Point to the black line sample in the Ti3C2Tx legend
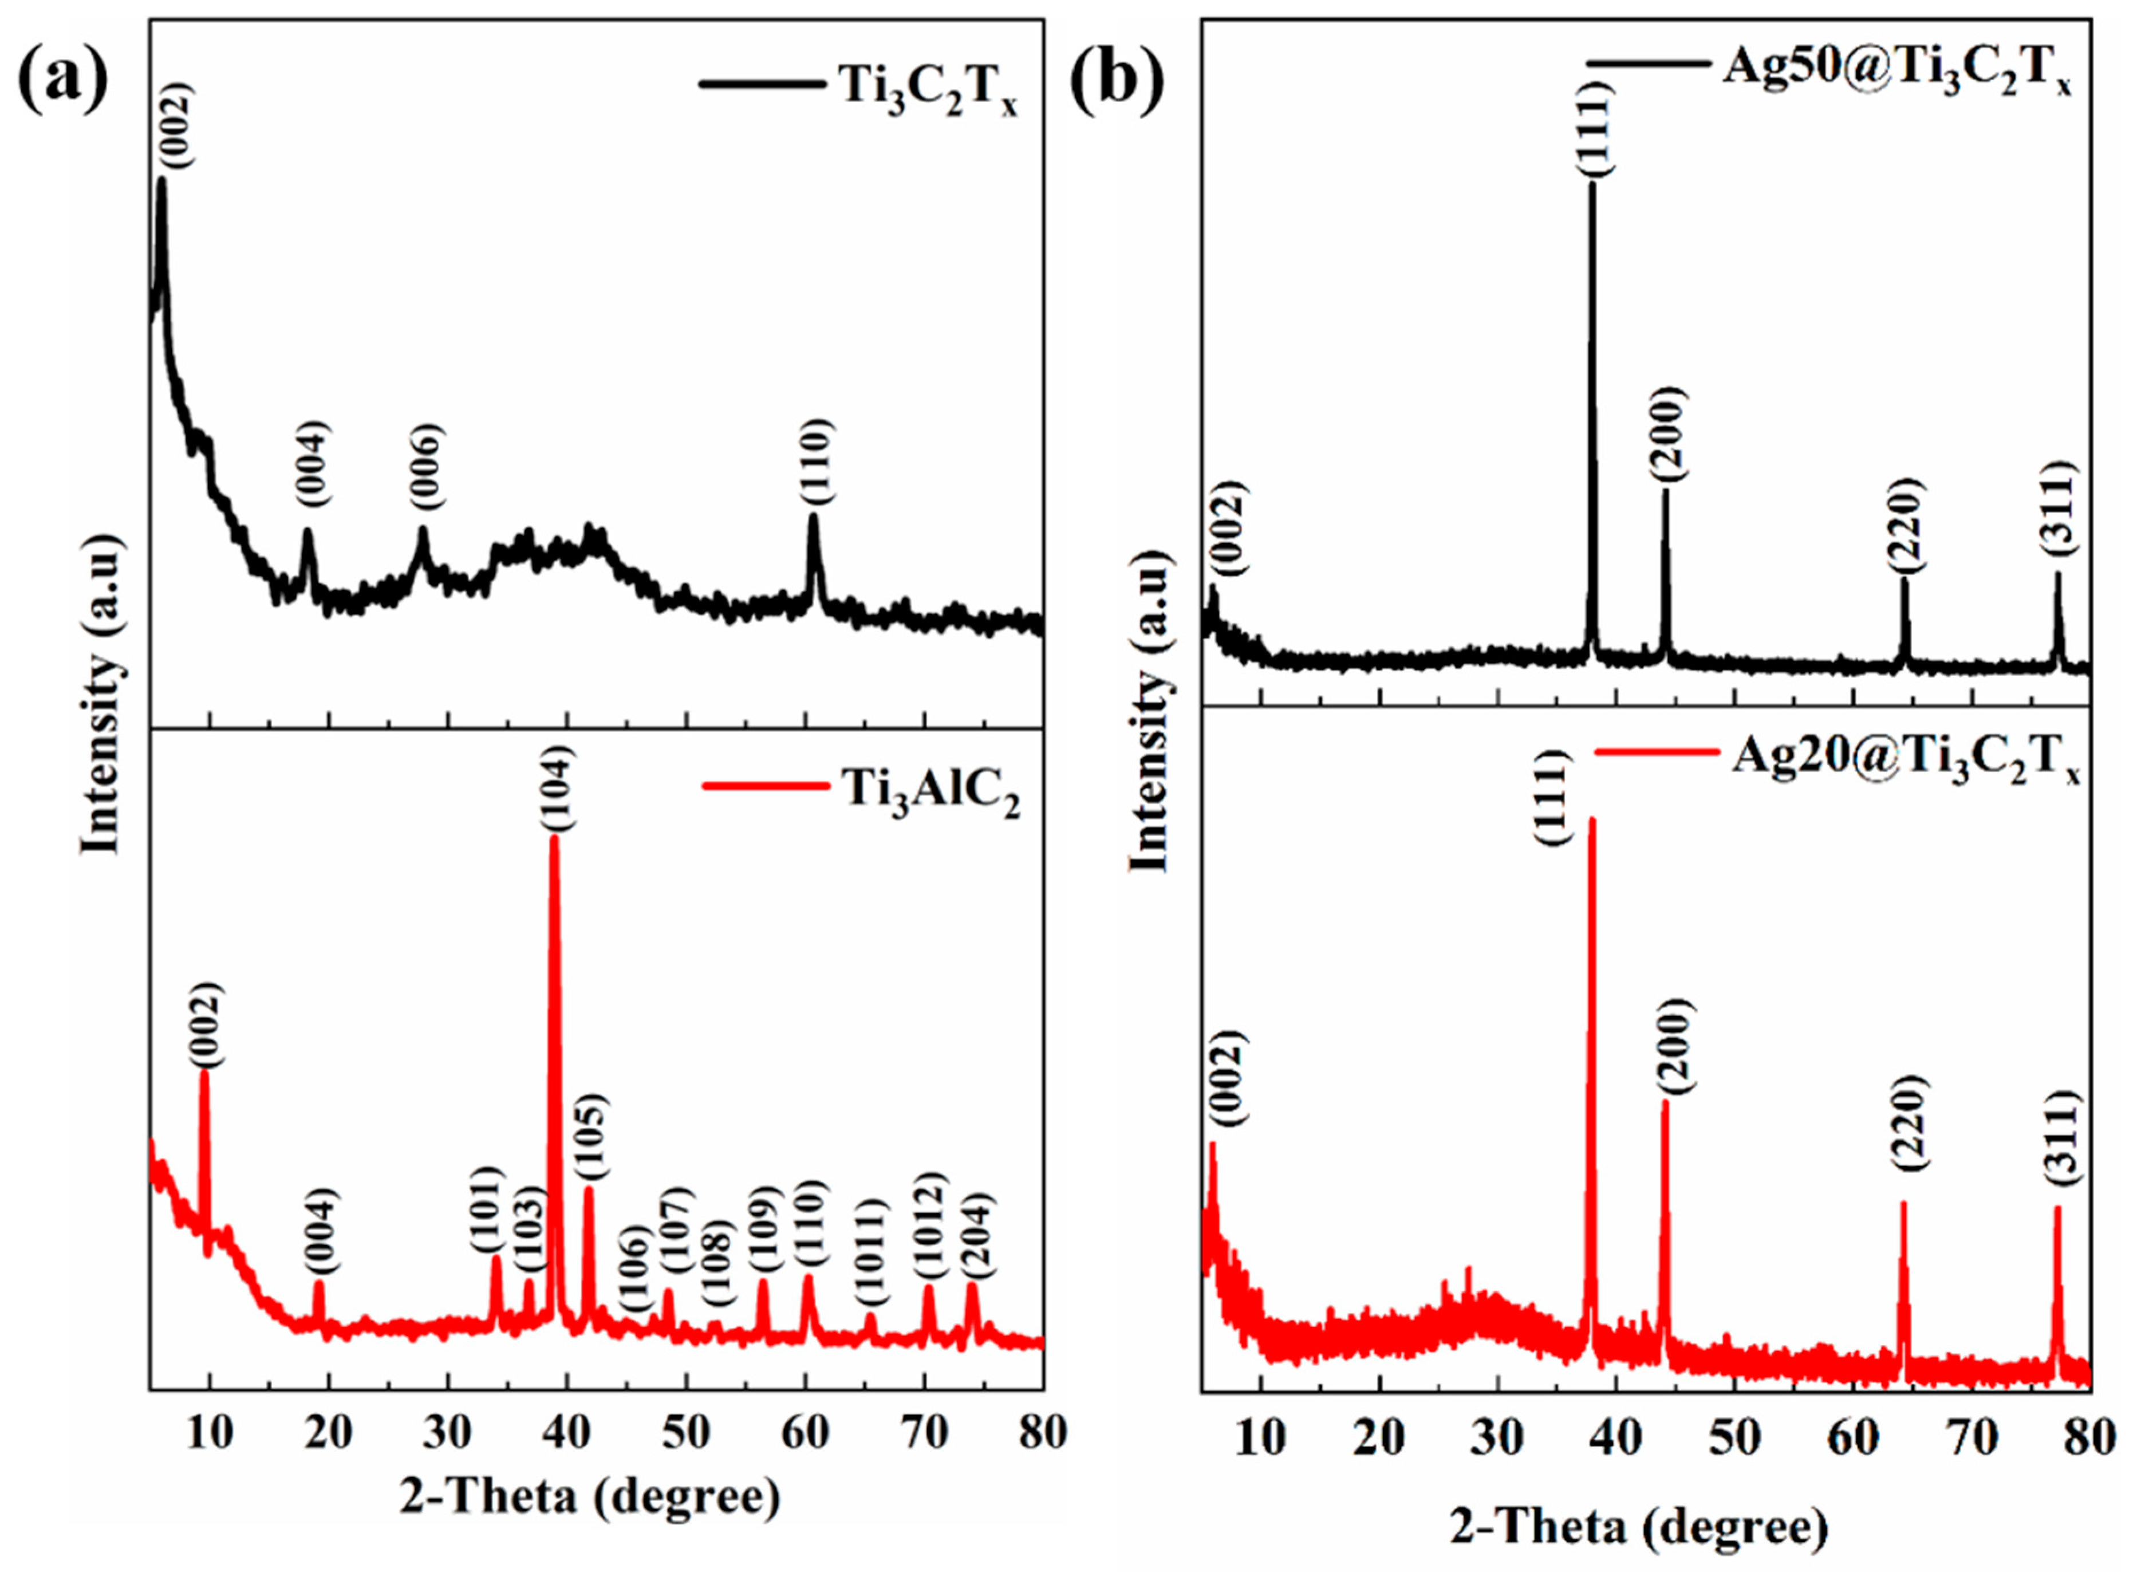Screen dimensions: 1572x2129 click(x=761, y=83)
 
